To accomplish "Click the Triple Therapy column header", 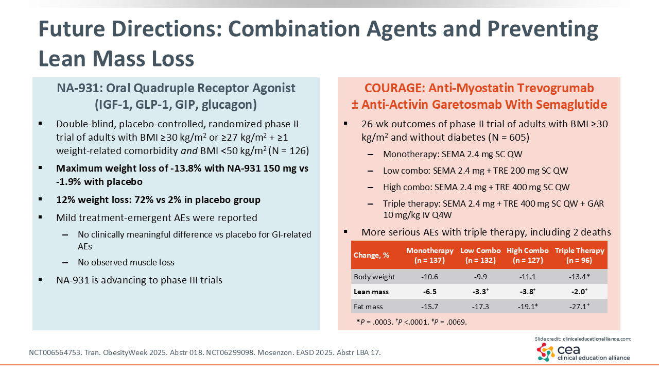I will click(579, 255).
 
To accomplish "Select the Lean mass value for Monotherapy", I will click(429, 292).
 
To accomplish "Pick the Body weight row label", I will click(374, 277).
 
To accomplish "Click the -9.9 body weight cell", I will click(481, 277).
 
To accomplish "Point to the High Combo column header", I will click(527, 255).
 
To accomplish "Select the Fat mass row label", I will click(368, 307).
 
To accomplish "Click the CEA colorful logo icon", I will click(546, 352).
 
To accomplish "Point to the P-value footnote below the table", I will click(411, 322).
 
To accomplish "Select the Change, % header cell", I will click(371, 255).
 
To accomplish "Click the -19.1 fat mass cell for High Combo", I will click(527, 307).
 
